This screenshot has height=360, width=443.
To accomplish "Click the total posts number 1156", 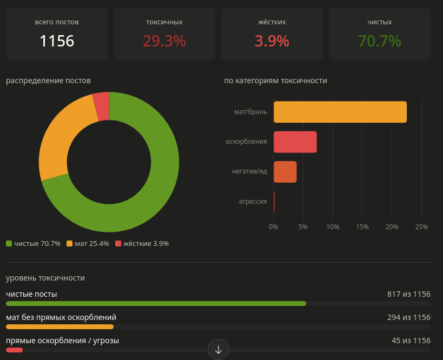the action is (57, 41).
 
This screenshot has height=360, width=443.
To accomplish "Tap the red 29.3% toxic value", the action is (164, 41).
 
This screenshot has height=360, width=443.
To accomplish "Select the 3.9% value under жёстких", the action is (272, 41).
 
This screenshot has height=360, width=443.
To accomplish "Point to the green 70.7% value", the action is (379, 41).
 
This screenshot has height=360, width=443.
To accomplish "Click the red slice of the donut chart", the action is (102, 106).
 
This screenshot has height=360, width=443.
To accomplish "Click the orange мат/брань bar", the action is (340, 112).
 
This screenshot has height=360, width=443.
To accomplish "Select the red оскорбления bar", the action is (295, 142).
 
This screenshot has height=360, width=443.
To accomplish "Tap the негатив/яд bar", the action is (285, 172).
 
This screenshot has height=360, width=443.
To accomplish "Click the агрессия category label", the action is (253, 202).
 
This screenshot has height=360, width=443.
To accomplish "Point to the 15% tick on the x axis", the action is (362, 226).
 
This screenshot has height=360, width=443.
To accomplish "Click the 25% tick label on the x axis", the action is (421, 226).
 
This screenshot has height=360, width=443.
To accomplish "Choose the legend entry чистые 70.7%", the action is (34, 243).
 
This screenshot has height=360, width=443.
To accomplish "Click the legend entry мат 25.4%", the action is (88, 243).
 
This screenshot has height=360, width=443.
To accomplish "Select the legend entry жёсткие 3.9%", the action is (142, 243).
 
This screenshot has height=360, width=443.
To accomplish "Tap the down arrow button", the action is (219, 350).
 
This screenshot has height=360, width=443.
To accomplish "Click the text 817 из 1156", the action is (409, 294).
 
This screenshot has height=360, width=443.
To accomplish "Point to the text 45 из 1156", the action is (411, 341).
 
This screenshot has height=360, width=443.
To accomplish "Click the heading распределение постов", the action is (48, 81).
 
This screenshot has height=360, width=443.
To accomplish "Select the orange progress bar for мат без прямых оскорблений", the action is (59, 326).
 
